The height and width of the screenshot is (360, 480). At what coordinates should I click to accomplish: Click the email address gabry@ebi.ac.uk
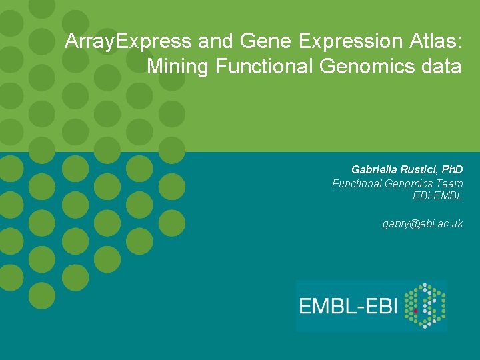(x=423, y=224)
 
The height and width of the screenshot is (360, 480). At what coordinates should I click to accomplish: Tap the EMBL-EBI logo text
(x=348, y=306)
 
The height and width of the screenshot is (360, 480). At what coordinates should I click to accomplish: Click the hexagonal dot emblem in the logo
(x=425, y=306)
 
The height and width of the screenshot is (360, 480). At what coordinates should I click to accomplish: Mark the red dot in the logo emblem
(x=416, y=311)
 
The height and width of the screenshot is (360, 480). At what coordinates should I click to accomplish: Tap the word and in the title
(x=214, y=42)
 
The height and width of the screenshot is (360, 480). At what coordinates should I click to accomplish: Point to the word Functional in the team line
(x=357, y=183)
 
